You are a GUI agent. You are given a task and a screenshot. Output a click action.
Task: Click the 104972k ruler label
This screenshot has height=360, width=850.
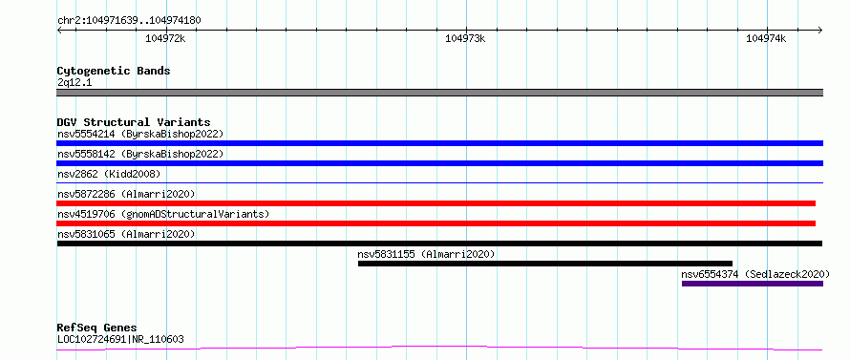click(166, 38)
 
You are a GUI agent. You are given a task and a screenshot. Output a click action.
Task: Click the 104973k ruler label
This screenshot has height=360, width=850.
click(466, 38)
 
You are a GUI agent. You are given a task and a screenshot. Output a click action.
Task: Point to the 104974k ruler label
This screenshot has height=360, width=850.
click(766, 38)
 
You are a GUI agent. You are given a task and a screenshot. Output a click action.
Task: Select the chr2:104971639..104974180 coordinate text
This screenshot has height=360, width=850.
click(129, 21)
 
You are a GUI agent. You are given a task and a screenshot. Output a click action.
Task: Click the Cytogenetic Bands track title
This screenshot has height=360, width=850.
click(114, 71)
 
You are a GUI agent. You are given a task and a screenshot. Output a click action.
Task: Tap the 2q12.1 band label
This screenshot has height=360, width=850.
click(74, 83)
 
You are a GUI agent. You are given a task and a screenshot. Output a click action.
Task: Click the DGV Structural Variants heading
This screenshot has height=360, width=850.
click(134, 122)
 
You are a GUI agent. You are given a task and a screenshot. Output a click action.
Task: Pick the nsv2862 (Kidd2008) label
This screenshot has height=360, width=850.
click(109, 174)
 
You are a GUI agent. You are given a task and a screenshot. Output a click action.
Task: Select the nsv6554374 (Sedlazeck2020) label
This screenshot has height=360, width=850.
click(755, 274)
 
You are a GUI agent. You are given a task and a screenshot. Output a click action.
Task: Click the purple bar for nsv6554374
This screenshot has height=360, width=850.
click(753, 284)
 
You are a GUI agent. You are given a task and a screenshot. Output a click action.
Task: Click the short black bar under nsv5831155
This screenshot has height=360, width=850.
click(544, 264)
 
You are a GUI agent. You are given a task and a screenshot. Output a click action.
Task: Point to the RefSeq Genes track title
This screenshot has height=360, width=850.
click(97, 328)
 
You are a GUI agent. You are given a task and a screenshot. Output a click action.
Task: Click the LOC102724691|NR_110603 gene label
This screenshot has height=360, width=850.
click(120, 340)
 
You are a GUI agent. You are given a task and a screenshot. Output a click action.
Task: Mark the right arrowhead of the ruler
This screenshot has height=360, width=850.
click(820, 30)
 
